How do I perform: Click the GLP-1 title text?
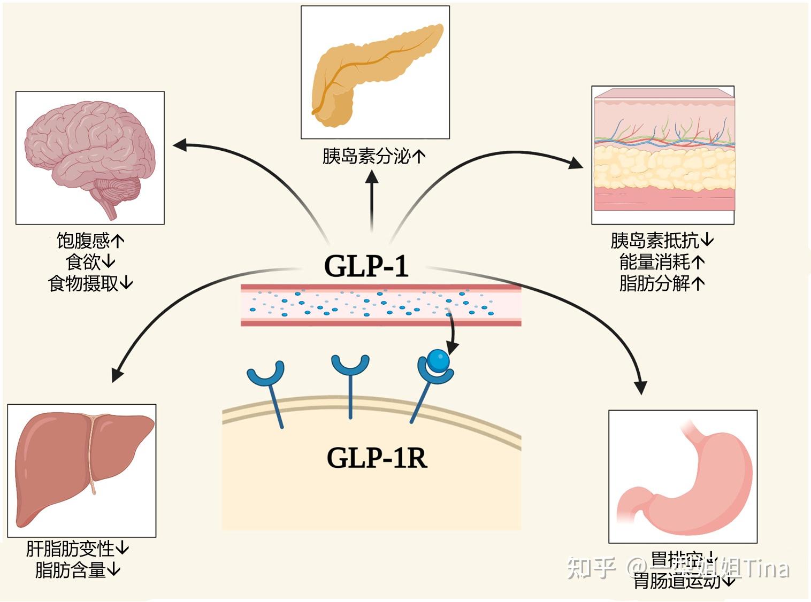pos(366,266)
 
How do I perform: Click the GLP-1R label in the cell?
pos(377,458)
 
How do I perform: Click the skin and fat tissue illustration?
pos(662,155)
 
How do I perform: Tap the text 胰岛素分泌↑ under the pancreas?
pos(374,157)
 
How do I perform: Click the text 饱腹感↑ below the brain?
pos(90,241)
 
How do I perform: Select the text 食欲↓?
pos(90,262)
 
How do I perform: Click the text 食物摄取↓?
pos(90,283)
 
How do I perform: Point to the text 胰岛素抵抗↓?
pos(662,241)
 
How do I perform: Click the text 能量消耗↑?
pos(662,262)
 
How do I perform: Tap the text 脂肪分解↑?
pos(662,283)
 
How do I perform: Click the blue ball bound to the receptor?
pos(439,361)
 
